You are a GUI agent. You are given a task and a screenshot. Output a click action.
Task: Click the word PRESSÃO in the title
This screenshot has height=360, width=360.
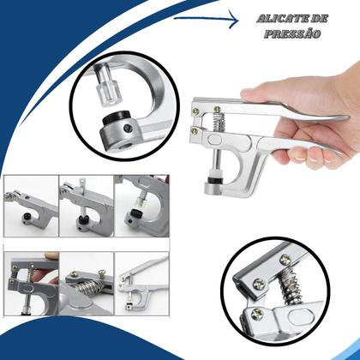coord(292,33)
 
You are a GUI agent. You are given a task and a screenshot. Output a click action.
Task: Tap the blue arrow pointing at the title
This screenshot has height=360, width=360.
coord(207,19)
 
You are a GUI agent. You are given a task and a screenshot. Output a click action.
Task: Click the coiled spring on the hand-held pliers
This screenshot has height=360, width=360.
coord(219,122)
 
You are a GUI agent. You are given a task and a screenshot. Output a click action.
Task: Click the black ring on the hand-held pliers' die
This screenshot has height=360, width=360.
coord(215,181)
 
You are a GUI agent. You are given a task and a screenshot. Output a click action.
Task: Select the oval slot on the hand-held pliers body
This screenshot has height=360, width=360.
coord(215,140)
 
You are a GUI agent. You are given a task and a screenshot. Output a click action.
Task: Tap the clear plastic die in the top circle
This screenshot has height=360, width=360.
coord(109,86)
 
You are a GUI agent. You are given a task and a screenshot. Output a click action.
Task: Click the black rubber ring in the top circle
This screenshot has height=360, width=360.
coord(118,117)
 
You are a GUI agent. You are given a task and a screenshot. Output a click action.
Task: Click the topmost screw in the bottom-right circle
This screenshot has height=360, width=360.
coord(285,259)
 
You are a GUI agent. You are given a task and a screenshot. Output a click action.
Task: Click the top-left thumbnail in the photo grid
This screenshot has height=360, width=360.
coord(31,207)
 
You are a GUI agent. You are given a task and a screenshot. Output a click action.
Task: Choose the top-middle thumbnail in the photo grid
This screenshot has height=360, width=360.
coord(87,207)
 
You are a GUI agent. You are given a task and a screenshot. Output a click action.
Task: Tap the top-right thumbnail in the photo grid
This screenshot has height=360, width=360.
coord(141,207)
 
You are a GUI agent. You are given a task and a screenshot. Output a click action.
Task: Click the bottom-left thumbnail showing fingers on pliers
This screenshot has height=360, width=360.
coord(31,284)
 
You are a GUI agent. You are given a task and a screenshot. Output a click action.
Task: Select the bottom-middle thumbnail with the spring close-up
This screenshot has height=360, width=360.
coord(87,284)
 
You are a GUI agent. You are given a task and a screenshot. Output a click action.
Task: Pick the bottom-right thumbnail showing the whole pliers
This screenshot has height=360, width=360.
coord(141,284)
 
